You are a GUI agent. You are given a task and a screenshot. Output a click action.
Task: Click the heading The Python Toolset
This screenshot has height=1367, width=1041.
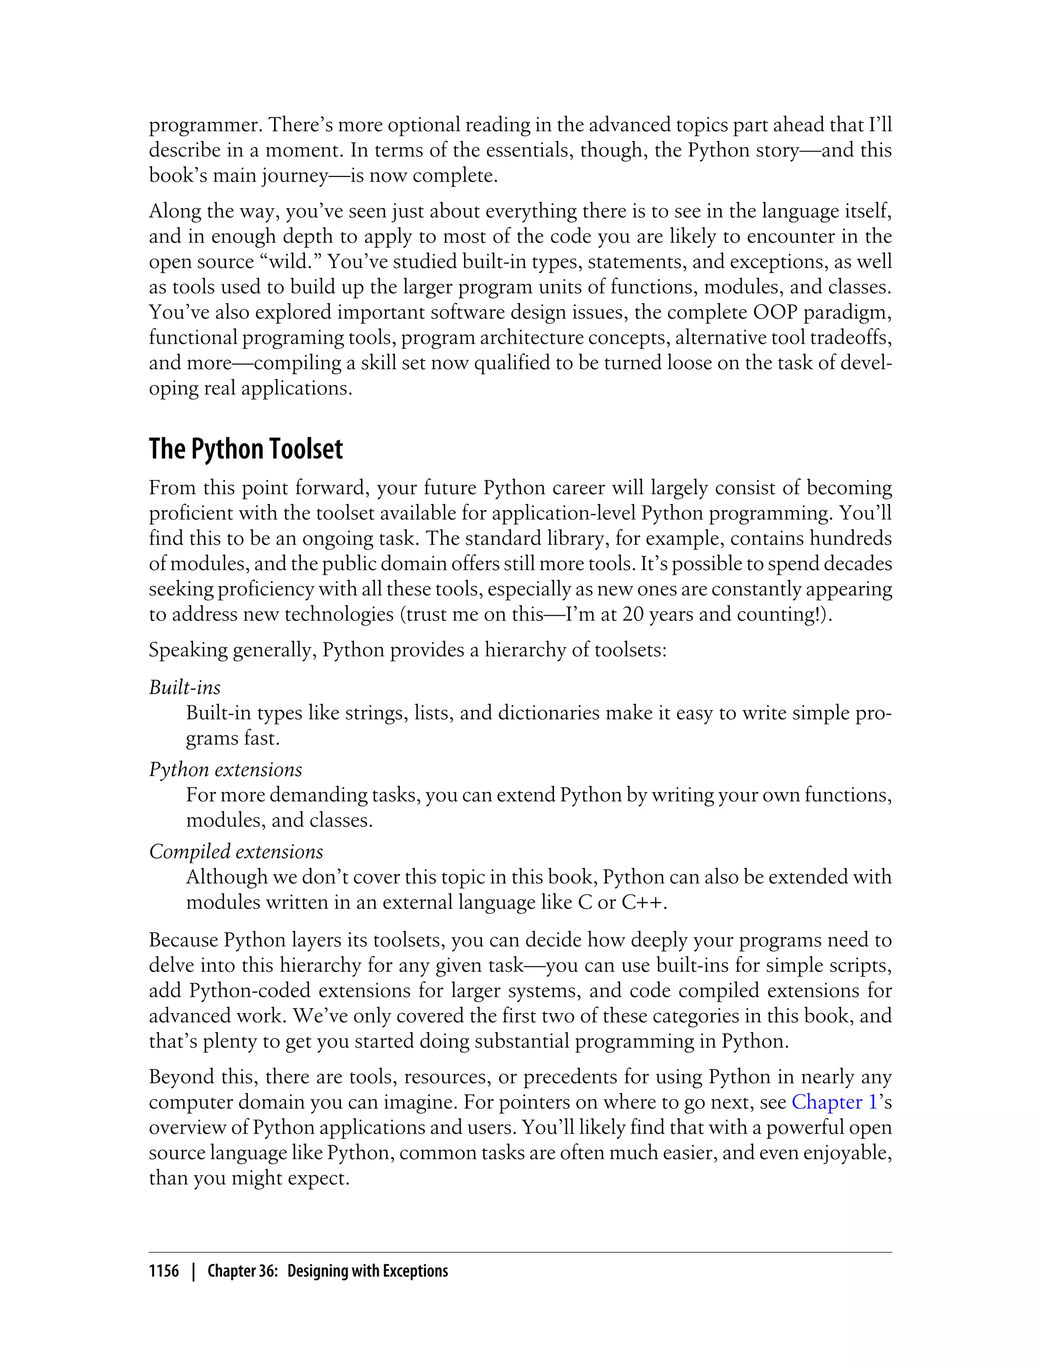pos(246,449)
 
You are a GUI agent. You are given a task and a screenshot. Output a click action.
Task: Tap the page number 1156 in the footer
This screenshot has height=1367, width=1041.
pos(164,1271)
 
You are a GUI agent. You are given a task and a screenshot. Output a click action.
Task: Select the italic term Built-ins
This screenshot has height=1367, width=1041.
pos(185,687)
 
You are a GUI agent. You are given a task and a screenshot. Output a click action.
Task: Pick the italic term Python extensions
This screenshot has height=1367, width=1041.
pos(226,769)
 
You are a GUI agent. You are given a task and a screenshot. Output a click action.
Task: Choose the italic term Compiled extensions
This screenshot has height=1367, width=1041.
pos(236,851)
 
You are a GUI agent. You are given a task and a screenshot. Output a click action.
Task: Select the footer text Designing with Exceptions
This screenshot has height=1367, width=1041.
pos(368,1271)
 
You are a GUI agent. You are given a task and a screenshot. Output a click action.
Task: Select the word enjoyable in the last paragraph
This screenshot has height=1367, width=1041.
pos(847,1152)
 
